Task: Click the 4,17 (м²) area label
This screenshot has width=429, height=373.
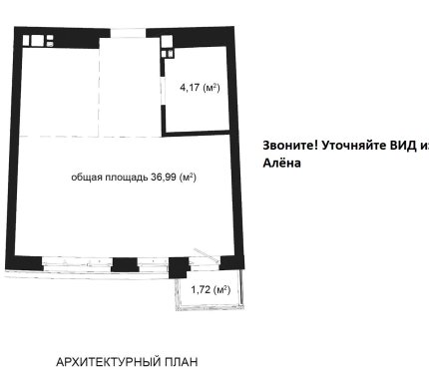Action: tap(200, 88)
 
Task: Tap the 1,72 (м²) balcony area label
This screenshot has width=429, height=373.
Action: tap(211, 289)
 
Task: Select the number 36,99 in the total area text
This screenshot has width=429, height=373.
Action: tap(164, 178)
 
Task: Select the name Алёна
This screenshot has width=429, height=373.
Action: tap(281, 163)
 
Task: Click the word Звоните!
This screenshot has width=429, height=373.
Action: tap(290, 146)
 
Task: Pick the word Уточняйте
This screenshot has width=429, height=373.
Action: tap(353, 146)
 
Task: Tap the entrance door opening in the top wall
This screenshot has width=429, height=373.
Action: tap(128, 33)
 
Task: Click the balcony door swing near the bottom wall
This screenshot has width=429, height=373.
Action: tap(207, 255)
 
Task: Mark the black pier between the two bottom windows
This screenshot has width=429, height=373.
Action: tap(125, 265)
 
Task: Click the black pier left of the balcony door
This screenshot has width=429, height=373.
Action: tap(179, 267)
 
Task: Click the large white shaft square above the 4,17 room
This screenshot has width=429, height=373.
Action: tap(167, 41)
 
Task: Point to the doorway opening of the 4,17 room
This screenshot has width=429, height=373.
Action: tap(163, 91)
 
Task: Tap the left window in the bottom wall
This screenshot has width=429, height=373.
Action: tap(76, 261)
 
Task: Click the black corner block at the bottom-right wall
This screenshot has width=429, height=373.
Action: tap(231, 262)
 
